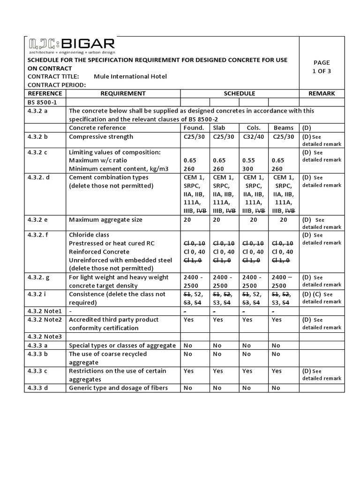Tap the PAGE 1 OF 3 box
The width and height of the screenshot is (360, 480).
click(321, 67)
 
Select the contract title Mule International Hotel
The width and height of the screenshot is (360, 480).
click(130, 76)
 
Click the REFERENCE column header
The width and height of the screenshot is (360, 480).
click(45, 93)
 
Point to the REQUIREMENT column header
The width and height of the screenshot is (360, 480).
click(123, 93)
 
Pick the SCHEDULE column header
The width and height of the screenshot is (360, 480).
click(239, 93)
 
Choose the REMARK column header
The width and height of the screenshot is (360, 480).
click(321, 93)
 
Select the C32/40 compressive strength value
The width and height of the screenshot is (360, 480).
click(253, 136)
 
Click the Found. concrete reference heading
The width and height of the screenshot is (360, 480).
click(194, 127)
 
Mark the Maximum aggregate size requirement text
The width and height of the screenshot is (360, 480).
click(105, 219)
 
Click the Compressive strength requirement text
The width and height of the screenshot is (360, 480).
click(101, 136)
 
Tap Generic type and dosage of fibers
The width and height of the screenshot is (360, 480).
click(118, 388)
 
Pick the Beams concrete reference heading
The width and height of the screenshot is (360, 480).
click(283, 127)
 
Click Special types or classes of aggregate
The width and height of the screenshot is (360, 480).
click(122, 345)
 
